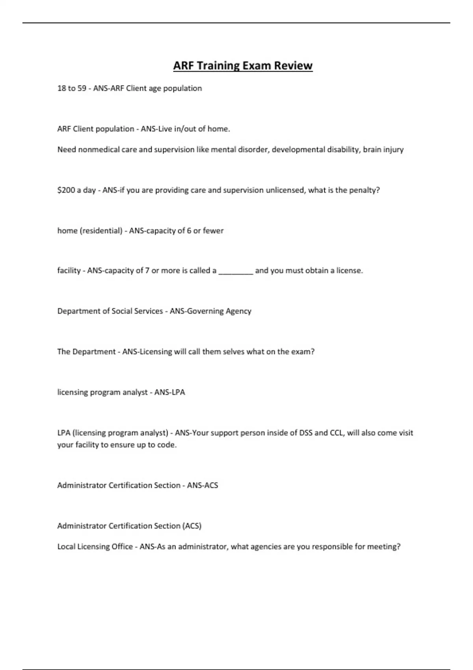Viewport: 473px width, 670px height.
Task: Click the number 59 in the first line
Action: pyautogui.click(x=82, y=88)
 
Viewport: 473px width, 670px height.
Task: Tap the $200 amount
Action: pyautogui.click(x=66, y=190)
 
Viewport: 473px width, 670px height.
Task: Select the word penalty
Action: pyautogui.click(x=364, y=190)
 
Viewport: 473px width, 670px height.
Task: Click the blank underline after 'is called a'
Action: pyautogui.click(x=236, y=271)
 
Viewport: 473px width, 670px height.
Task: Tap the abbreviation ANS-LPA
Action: pyautogui.click(x=169, y=392)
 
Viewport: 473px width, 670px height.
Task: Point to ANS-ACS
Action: pyautogui.click(x=203, y=485)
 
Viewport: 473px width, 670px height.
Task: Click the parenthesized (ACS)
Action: pyautogui.click(x=192, y=526)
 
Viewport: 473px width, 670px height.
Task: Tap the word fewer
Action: pyautogui.click(x=213, y=231)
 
